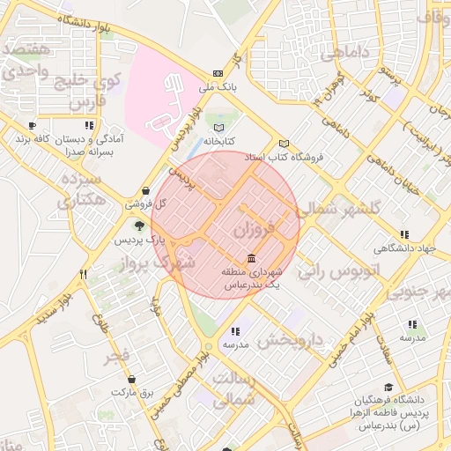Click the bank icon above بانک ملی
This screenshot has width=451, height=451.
pos(218,74)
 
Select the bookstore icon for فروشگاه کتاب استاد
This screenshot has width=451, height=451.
pos(283,144)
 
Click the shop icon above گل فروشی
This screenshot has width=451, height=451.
pos(145,190)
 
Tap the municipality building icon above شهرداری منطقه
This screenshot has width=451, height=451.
pos(253,259)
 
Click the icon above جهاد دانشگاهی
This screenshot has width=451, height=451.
pos(403,234)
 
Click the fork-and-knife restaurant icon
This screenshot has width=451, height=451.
pos(83,274)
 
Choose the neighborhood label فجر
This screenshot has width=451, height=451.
pos(116,357)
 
